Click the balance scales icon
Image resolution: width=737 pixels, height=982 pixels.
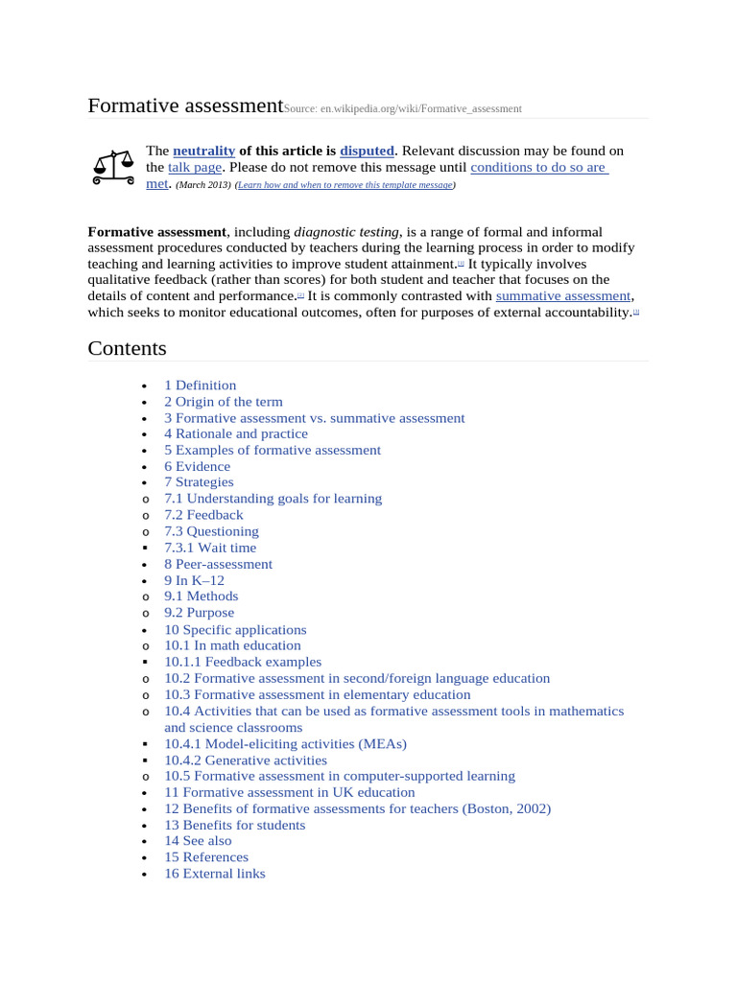coord(112,167)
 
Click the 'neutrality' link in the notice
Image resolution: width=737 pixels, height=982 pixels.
coord(203,151)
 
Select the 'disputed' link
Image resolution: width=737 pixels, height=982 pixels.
coord(367,151)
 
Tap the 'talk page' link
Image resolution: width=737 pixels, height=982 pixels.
coord(195,167)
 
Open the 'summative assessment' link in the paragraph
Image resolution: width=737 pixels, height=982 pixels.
coord(563,296)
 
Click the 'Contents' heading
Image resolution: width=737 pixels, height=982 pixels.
coord(127,347)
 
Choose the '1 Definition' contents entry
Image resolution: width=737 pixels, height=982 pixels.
coord(200,386)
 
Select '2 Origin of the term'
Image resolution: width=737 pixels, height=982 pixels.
coord(223,402)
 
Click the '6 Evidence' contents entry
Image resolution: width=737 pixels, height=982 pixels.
coord(197,466)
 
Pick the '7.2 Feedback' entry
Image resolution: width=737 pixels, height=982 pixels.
coord(203,515)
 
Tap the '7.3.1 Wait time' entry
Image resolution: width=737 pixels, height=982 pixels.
coord(210,548)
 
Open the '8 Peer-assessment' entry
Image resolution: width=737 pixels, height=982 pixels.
coord(218,564)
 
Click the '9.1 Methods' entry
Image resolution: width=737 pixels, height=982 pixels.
coord(201,596)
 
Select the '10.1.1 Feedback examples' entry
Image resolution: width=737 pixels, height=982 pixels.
coord(243,662)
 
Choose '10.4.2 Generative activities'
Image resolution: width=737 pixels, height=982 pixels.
coord(245,760)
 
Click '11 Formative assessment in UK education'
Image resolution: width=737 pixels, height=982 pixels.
coord(289,792)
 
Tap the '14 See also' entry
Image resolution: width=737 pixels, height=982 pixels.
coord(198,841)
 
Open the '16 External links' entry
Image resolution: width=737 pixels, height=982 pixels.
coord(214,874)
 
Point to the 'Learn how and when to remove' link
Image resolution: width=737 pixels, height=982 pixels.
coord(345,185)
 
